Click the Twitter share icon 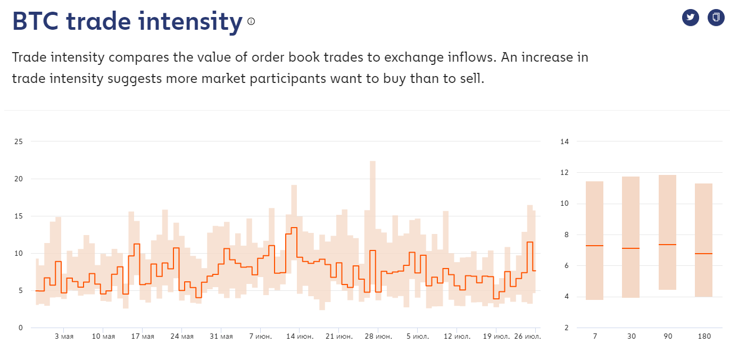[x=690, y=18]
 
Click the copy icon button [x=716, y=18]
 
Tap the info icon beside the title [x=251, y=21]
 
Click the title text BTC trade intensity [x=127, y=21]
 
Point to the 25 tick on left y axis [x=19, y=141]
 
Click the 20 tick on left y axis [x=19, y=179]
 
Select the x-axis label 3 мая [x=64, y=337]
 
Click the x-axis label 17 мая [x=143, y=337]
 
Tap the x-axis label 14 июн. [x=300, y=337]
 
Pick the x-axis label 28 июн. [x=378, y=337]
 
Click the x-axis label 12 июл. [x=457, y=337]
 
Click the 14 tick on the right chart [x=565, y=141]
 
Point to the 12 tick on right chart [x=565, y=173]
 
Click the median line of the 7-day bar [x=594, y=246]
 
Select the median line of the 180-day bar [x=703, y=254]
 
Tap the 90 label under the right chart [x=667, y=337]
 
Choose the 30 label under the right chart [x=631, y=337]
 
